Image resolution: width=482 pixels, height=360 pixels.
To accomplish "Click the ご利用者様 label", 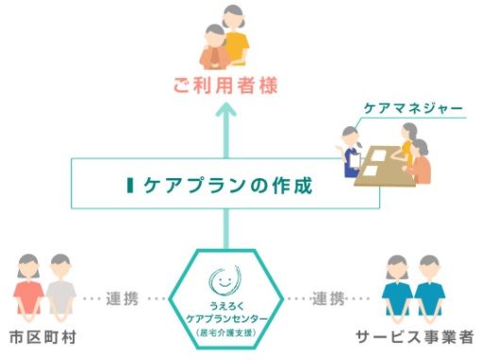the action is click(x=225, y=86).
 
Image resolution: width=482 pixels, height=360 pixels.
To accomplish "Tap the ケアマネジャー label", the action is click(x=413, y=108).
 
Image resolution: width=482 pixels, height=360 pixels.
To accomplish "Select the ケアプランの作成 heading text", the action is click(x=227, y=185).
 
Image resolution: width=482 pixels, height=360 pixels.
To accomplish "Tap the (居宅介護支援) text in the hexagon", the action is click(x=225, y=333).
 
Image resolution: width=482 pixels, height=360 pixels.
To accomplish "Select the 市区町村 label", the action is click(x=42, y=337).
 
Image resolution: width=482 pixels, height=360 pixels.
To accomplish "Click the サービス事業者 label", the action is click(x=415, y=337).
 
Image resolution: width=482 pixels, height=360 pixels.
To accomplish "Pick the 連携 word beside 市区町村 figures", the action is click(x=122, y=299).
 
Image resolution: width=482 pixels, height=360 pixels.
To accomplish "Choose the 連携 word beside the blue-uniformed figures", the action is click(x=328, y=299).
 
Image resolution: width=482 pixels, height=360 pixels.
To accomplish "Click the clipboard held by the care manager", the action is click(x=356, y=160).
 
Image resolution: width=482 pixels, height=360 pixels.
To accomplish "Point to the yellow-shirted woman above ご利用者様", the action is click(x=234, y=35).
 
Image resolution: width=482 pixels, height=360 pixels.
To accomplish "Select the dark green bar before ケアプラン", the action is click(x=130, y=185).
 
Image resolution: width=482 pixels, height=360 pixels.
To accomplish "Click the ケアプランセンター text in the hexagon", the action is click(x=226, y=319).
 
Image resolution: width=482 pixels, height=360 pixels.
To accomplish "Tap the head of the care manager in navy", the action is click(x=351, y=136).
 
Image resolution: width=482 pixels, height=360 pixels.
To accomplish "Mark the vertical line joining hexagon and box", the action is click(x=225, y=229).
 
